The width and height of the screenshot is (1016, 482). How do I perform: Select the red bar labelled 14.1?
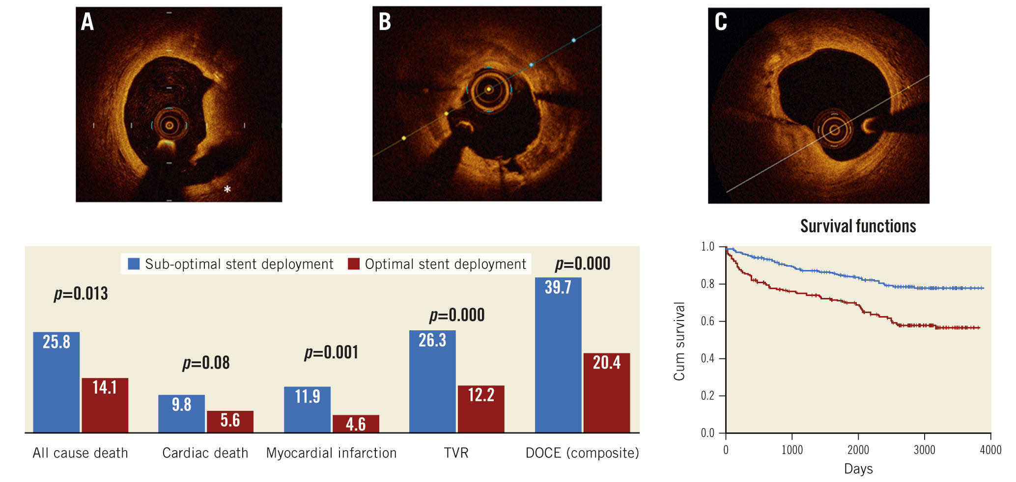pyautogui.click(x=105, y=405)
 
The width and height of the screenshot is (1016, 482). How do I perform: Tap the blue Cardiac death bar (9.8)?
pyautogui.click(x=181, y=413)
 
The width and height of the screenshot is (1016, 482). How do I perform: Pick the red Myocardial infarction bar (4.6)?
pyautogui.click(x=356, y=424)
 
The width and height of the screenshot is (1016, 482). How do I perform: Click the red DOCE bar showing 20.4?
pyautogui.click(x=606, y=393)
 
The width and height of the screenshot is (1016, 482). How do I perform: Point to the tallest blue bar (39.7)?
pyautogui.click(x=558, y=354)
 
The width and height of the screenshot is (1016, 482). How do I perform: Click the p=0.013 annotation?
pyautogui.click(x=81, y=294)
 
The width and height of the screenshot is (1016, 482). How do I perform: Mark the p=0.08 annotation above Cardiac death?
pyautogui.click(x=206, y=363)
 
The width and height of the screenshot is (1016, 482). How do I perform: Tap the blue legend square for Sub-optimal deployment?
pyautogui.click(x=134, y=264)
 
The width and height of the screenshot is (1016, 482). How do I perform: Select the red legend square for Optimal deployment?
pyautogui.click(x=354, y=264)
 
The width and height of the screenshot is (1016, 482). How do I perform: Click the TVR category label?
pyautogui.click(x=456, y=453)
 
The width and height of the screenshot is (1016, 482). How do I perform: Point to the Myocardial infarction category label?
pyautogui.click(x=331, y=453)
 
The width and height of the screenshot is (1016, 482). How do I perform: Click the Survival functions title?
pyautogui.click(x=858, y=226)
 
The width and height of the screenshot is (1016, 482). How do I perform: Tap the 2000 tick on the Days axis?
pyautogui.click(x=858, y=450)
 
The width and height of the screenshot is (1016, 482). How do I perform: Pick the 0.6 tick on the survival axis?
pyautogui.click(x=707, y=321)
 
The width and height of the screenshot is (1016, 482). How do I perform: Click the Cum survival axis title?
pyautogui.click(x=679, y=341)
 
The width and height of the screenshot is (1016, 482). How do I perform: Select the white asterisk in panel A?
pyautogui.click(x=227, y=189)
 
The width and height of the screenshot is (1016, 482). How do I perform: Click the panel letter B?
pyautogui.click(x=385, y=22)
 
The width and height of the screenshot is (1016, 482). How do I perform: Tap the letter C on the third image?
pyautogui.click(x=721, y=22)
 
